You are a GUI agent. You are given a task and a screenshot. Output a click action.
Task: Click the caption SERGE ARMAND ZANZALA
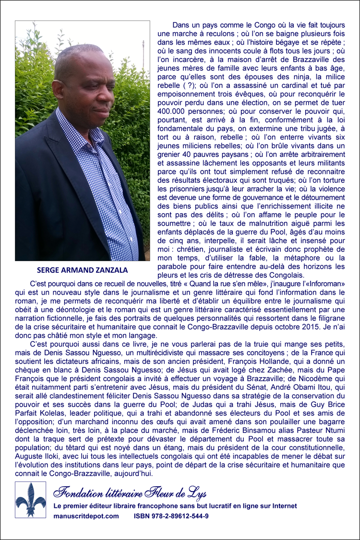pos(82,270)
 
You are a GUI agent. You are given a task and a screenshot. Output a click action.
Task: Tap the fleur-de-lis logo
pos(31,500)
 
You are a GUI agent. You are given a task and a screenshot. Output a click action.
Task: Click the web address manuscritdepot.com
pos(86,516)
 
